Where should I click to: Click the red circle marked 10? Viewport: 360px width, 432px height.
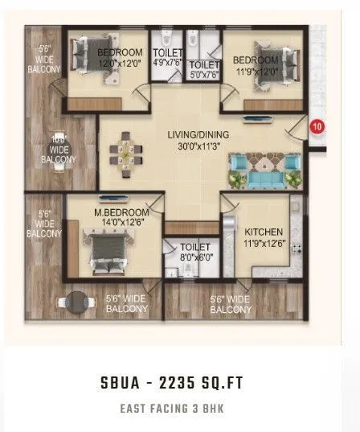[x=317, y=126]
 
